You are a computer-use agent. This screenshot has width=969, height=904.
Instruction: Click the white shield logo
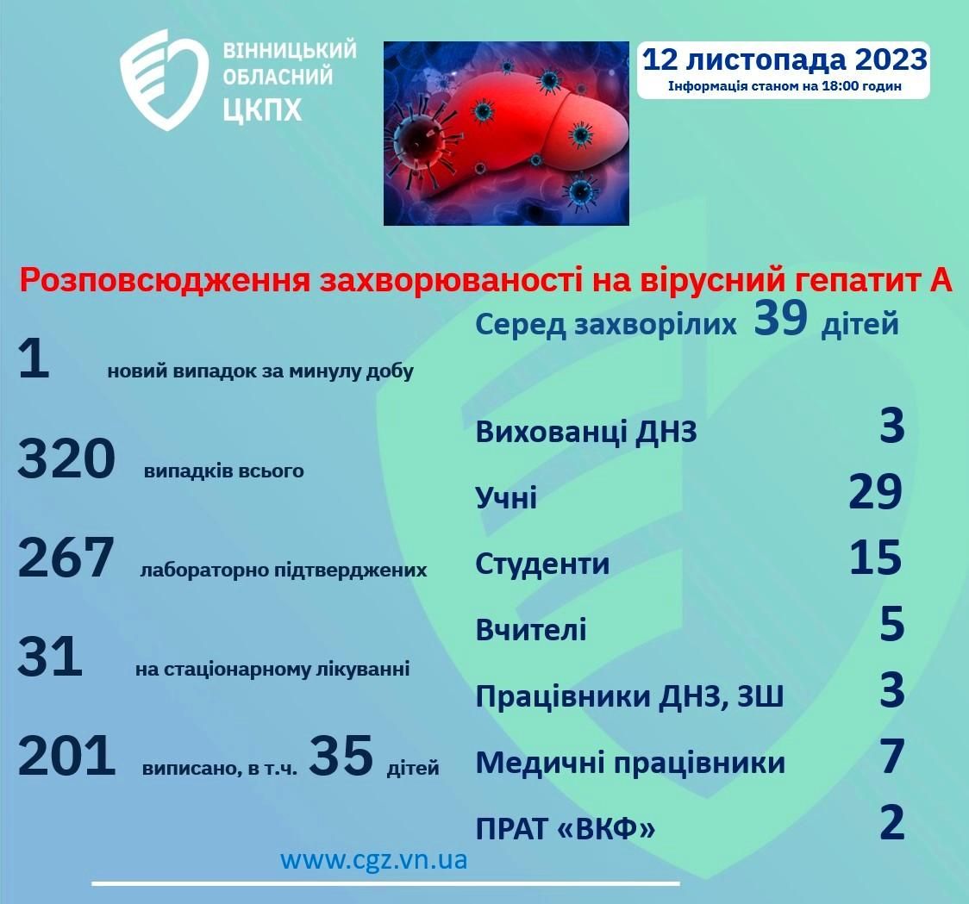coord(164,79)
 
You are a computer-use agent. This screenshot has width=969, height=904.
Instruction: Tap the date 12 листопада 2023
coord(785,60)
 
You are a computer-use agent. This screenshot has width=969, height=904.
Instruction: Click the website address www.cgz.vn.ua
coord(374,859)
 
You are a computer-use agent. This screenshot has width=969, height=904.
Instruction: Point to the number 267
coord(66,558)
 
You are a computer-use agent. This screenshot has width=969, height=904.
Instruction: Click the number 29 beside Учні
coord(876,492)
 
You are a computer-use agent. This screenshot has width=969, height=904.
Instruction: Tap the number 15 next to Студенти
coord(876,558)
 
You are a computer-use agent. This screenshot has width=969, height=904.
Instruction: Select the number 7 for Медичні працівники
coord(892,757)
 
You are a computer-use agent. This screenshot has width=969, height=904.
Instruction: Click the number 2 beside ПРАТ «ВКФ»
coord(892,822)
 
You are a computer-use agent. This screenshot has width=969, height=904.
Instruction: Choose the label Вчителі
coord(531,630)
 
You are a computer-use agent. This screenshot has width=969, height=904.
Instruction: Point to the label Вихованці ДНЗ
coord(586,431)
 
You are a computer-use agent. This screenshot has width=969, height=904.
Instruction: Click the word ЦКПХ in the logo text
coord(262,110)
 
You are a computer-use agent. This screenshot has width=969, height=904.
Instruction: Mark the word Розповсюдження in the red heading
coord(165,281)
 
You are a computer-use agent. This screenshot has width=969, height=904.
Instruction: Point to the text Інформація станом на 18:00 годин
coord(785,86)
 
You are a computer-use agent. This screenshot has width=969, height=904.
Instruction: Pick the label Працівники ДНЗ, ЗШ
coord(629,696)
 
